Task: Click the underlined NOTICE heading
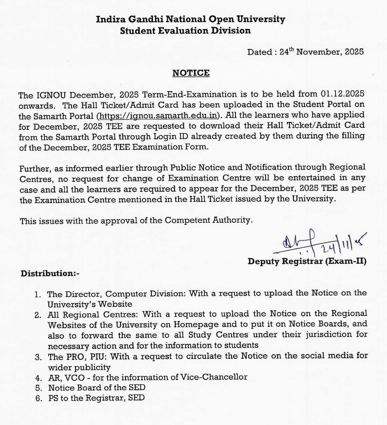tap(191, 73)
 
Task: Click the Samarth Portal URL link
tap(158, 116)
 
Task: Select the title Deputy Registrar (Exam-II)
tap(307, 261)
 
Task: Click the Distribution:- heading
tap(50, 273)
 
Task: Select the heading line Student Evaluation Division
tap(185, 31)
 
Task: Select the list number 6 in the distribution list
tap(39, 398)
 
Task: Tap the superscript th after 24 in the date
tap(291, 49)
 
